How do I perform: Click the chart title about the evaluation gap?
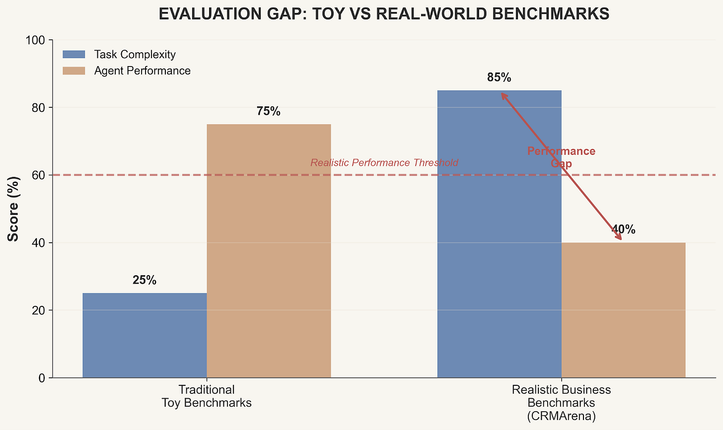[x=384, y=14]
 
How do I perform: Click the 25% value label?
[x=145, y=281]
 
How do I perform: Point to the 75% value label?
[x=269, y=112]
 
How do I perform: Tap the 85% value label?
[x=499, y=78]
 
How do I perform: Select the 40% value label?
[x=623, y=230]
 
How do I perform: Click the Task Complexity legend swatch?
[x=74, y=55]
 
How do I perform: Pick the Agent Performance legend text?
[x=142, y=71]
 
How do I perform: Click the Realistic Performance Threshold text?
[x=384, y=163]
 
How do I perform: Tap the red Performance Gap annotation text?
[x=561, y=157]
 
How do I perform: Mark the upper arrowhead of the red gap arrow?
[x=503, y=94]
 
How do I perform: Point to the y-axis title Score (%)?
[x=13, y=209]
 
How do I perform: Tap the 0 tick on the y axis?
[x=41, y=378]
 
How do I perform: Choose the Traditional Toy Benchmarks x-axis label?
[x=207, y=396]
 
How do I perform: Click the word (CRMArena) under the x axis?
[x=561, y=416]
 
